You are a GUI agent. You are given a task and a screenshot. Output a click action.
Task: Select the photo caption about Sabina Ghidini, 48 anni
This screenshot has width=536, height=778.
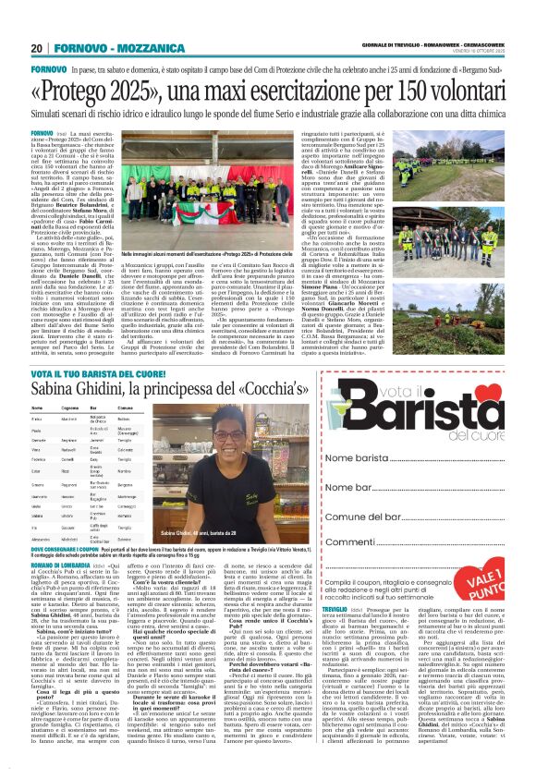[x=224, y=533]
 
